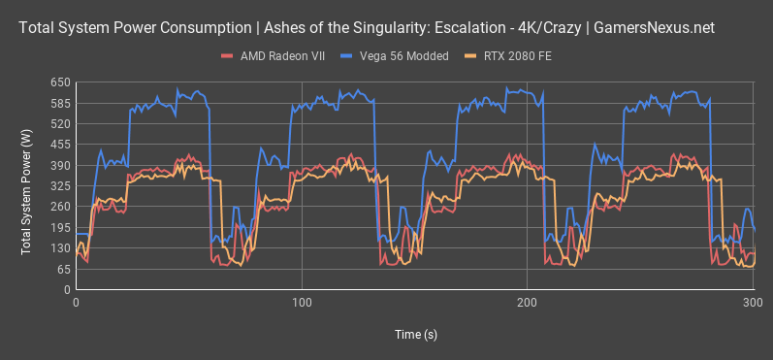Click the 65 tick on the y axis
[63, 269]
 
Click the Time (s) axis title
[415, 334]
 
